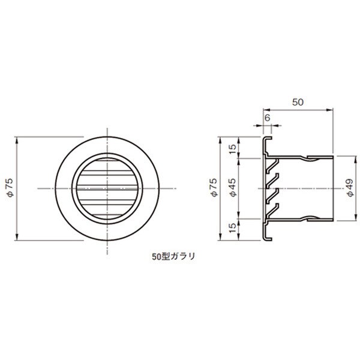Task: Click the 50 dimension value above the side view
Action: click(298, 102)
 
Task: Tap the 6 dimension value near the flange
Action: click(267, 118)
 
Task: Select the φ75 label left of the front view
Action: click(11, 187)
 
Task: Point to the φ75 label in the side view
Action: click(214, 187)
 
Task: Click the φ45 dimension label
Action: click(233, 187)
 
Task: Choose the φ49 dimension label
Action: click(350, 188)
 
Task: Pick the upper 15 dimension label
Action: click(233, 149)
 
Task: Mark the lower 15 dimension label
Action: click(233, 227)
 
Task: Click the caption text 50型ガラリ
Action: click(173, 256)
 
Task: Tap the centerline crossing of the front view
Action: click(107, 188)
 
